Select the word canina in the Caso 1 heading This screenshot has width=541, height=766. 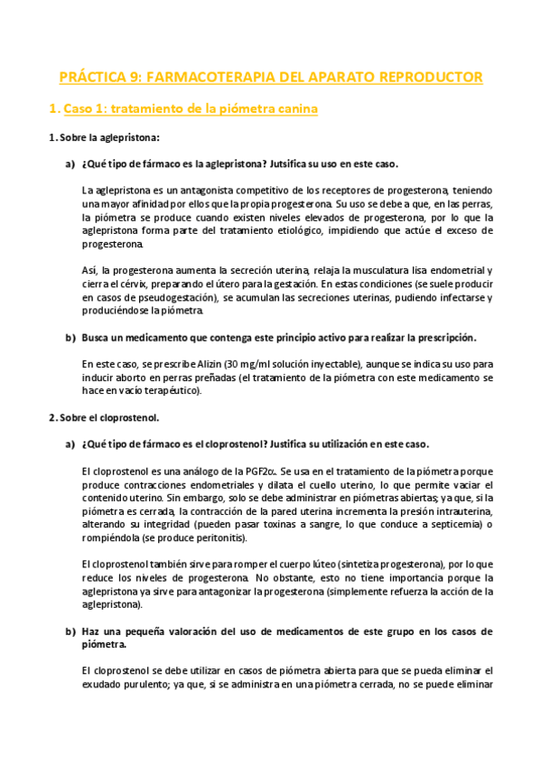[291, 109]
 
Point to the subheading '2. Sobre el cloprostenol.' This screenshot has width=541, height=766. [103, 417]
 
